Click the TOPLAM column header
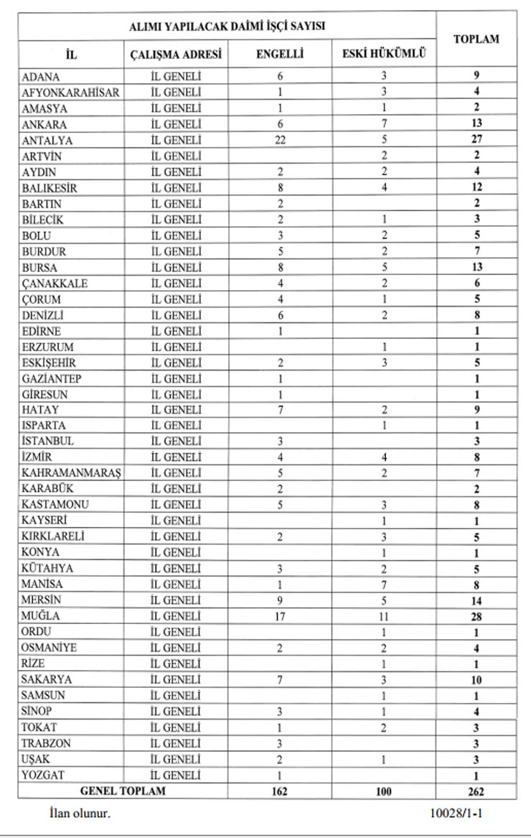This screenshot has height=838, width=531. [476, 39]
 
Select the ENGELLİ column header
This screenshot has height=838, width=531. [280, 54]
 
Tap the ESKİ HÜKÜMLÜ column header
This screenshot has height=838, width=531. [385, 54]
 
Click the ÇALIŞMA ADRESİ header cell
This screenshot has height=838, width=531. [176, 54]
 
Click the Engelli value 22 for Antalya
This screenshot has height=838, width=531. [280, 140]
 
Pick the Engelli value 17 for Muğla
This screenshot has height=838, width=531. [280, 616]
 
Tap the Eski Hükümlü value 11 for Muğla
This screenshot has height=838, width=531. [385, 616]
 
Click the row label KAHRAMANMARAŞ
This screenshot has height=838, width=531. [70, 473]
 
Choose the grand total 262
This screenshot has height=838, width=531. [475, 791]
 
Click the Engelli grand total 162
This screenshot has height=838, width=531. [280, 791]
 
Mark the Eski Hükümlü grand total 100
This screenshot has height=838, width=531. [385, 791]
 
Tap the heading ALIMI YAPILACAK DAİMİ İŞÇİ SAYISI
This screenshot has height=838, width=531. [227, 26]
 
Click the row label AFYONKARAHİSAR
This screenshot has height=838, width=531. [70, 92]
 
